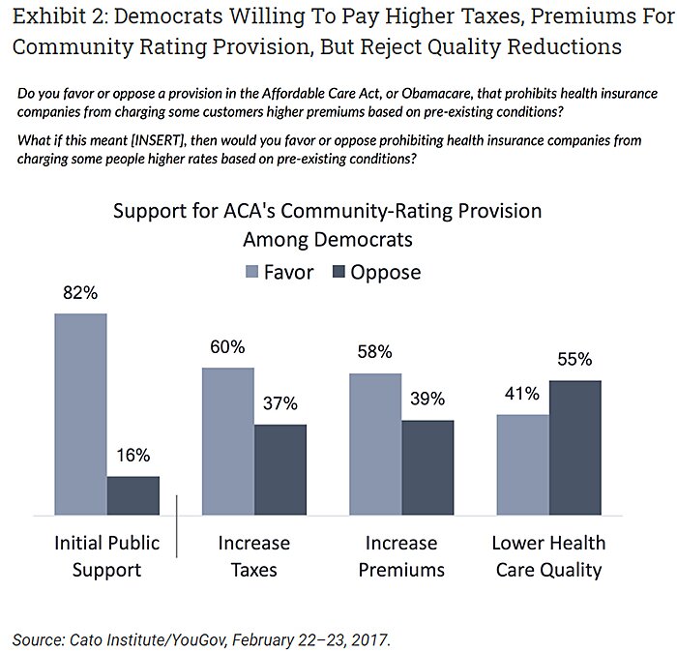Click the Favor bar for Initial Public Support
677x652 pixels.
pos(80,413)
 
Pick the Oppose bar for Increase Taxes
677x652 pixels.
pos(280,469)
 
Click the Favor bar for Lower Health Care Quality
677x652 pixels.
pos(522,464)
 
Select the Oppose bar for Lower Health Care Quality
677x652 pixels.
pos(574,447)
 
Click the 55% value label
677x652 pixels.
pos(574,361)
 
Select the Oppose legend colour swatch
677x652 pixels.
pos(339,272)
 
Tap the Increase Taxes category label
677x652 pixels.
pos(253,556)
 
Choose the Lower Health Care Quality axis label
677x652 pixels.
pos(548,556)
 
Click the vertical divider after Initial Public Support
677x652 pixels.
pos(177,526)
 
